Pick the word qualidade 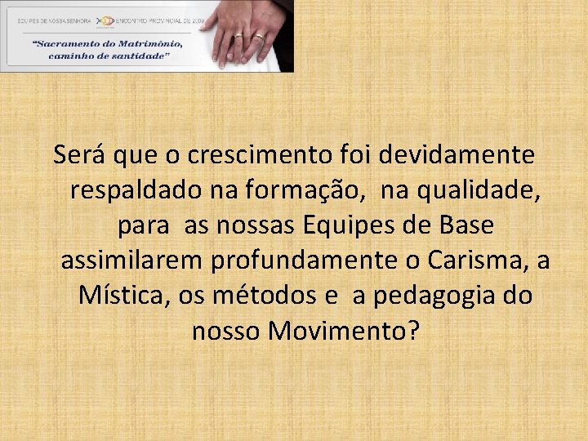(479, 190)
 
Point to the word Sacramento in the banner (67, 43)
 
